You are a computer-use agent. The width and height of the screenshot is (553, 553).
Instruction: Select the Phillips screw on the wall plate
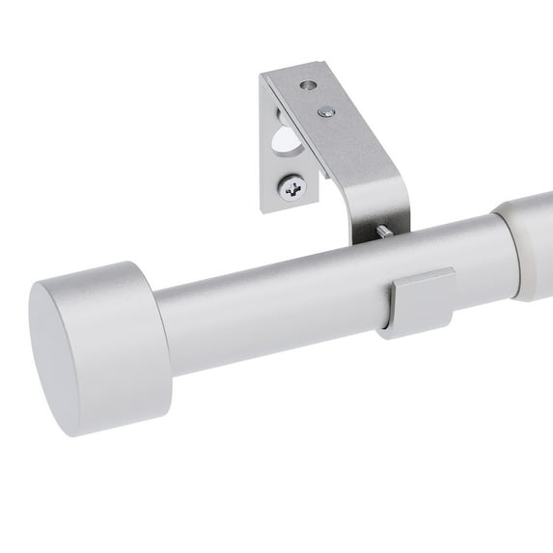[293, 188]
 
